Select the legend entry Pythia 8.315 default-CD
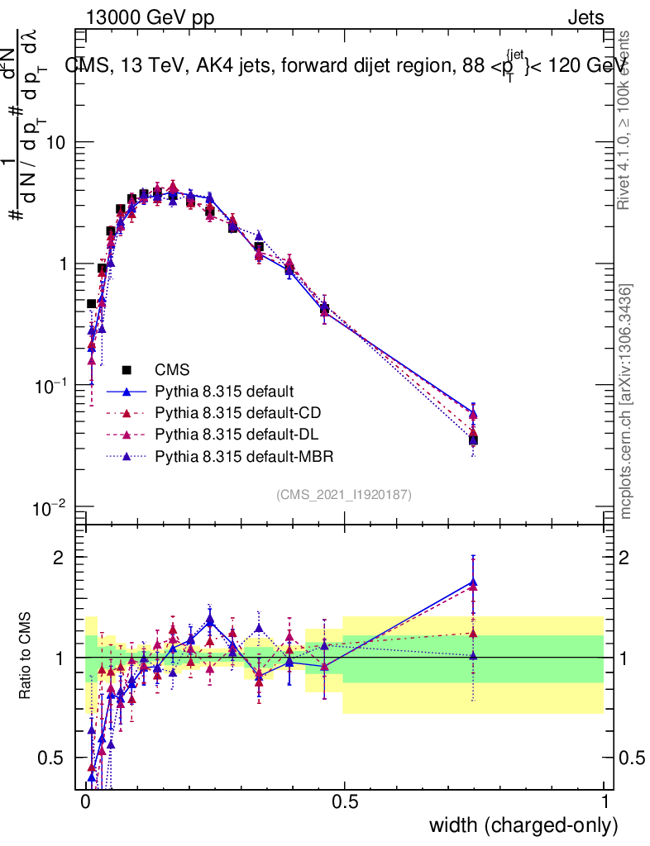click(236, 412)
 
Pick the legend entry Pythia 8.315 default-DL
click(235, 434)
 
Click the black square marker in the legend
click(127, 368)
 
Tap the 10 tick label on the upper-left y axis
click(54, 142)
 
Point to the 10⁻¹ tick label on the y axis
click(51, 386)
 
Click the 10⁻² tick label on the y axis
click(51, 507)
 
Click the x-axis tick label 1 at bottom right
click(605, 802)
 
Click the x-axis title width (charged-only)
click(523, 825)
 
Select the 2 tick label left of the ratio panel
click(59, 557)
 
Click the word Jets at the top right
click(585, 17)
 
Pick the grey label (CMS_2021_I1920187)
click(344, 494)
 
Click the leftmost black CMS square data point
click(92, 304)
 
